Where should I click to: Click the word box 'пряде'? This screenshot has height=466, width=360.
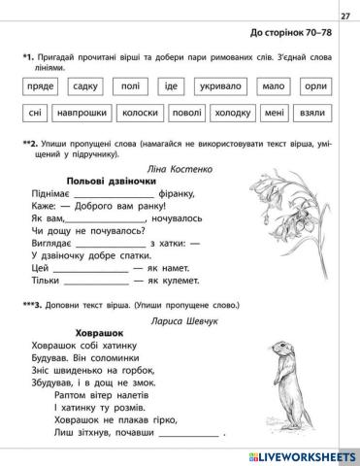pyautogui.click(x=37, y=84)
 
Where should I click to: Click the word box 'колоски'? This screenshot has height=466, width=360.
pyautogui.click(x=146, y=112)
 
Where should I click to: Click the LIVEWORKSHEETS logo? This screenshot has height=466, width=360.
pyautogui.click(x=301, y=451)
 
